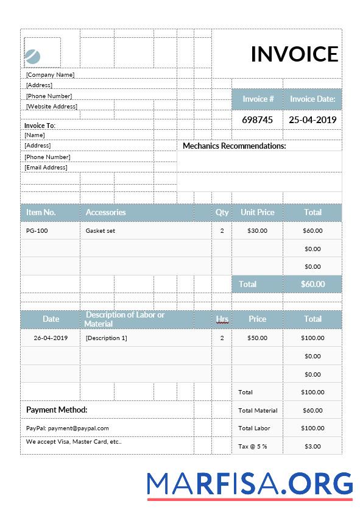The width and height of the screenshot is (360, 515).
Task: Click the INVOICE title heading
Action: click(294, 54)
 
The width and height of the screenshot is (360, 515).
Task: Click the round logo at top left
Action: click(33, 57)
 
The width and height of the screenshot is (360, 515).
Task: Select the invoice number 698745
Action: click(257, 119)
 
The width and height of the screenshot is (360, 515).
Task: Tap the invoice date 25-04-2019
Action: click(312, 119)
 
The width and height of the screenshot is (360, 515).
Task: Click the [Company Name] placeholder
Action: click(50, 74)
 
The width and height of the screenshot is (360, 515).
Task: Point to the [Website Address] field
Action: click(52, 106)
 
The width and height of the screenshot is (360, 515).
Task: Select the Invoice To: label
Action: click(40, 126)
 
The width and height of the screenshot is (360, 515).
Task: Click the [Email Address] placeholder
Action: click(46, 167)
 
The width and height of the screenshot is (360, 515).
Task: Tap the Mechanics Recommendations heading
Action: click(234, 146)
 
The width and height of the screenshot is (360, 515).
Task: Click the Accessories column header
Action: click(105, 212)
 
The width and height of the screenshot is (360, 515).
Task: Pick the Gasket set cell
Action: click(101, 231)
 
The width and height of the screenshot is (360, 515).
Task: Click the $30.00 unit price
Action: click(257, 231)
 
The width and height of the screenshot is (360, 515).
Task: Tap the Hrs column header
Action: click(222, 319)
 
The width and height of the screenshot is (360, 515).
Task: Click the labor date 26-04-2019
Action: click(51, 338)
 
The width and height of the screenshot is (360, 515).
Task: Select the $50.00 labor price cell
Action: click(257, 338)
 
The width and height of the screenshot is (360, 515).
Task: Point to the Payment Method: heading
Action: click(57, 410)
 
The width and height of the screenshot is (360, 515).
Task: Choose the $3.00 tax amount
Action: click(312, 446)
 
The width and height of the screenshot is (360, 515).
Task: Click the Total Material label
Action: click(258, 410)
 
